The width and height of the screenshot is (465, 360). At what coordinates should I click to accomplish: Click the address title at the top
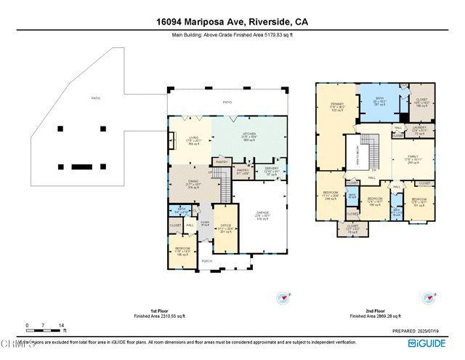point(232,22)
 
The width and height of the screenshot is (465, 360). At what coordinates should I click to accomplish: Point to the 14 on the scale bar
point(62,325)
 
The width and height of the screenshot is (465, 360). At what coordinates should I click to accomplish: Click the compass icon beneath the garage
point(283,297)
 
